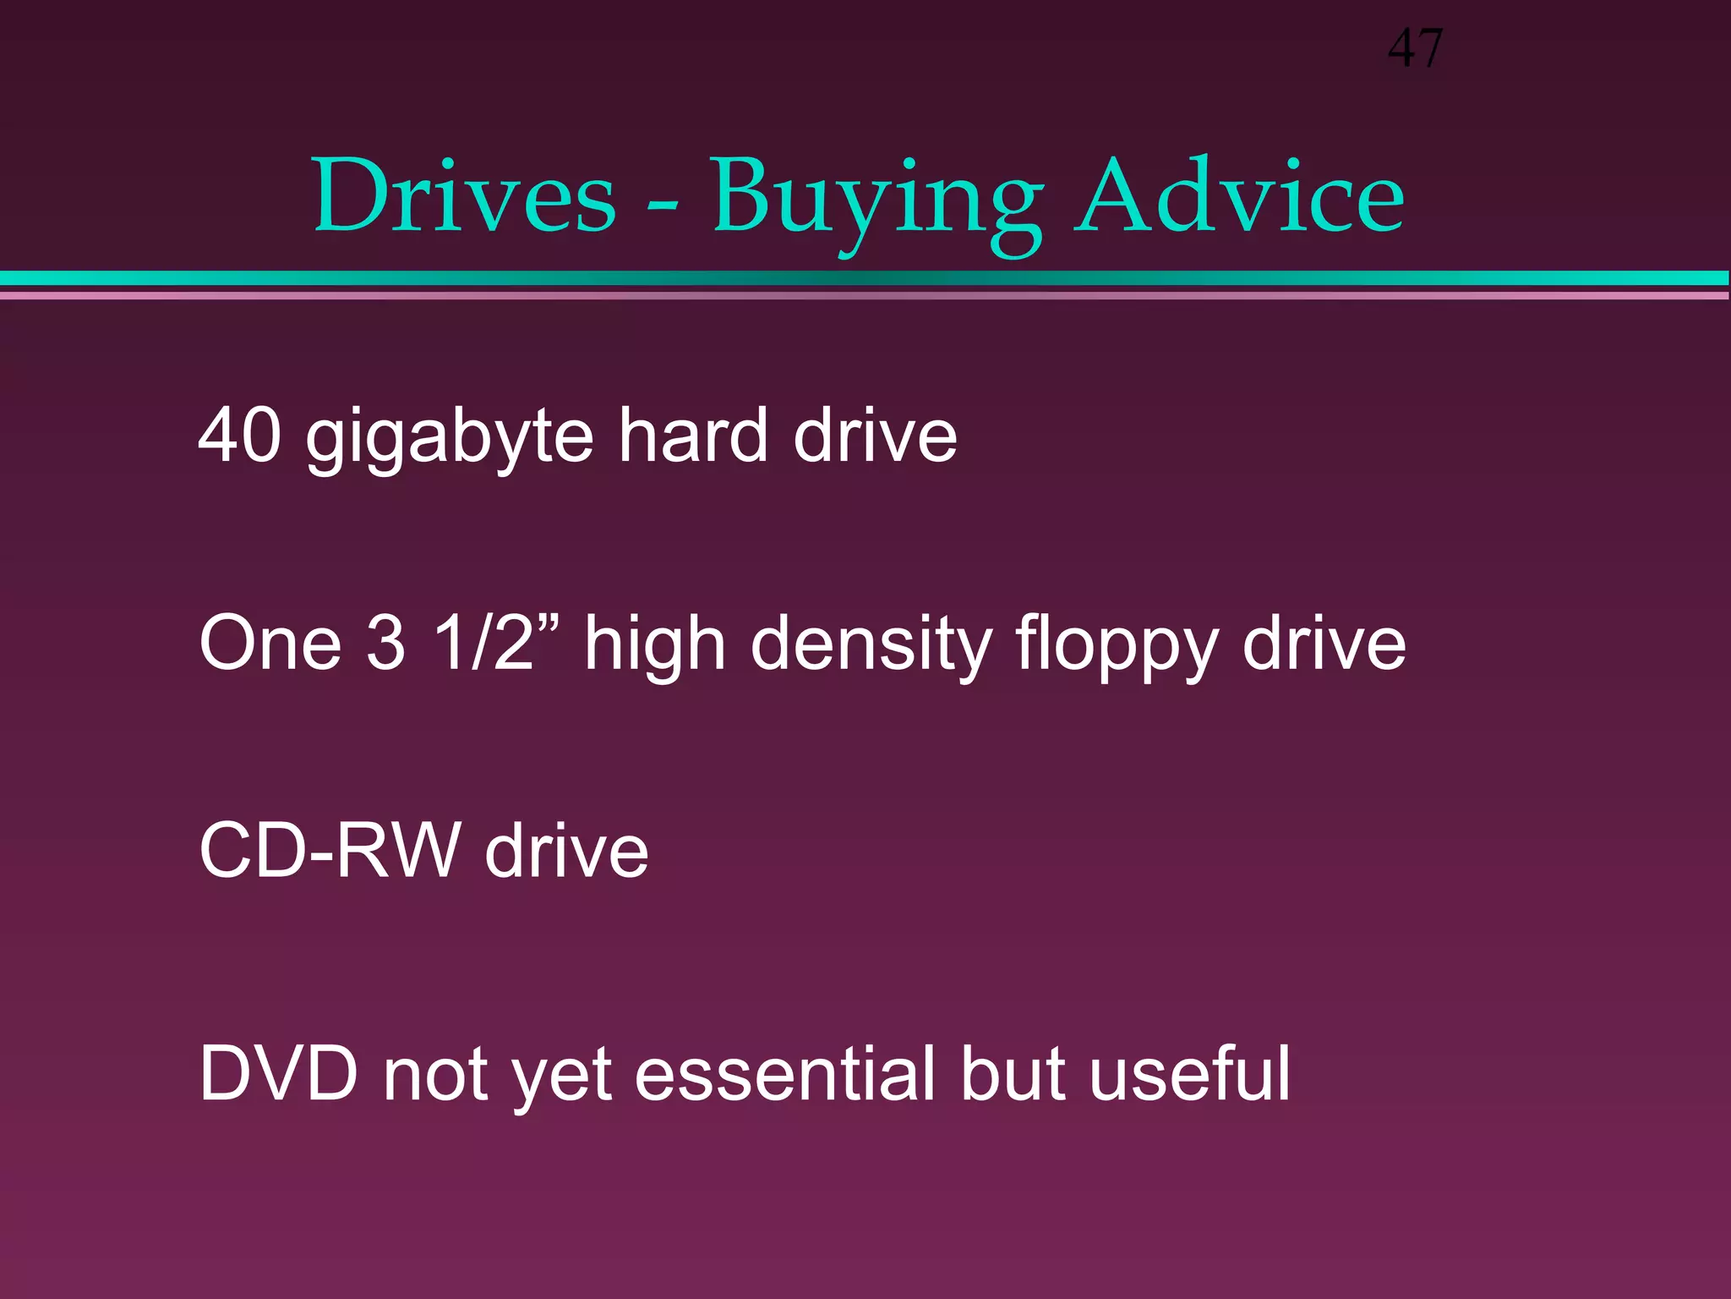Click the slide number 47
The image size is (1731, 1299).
click(x=1415, y=49)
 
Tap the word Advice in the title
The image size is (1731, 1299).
click(x=1239, y=197)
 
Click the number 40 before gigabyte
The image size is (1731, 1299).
click(x=239, y=436)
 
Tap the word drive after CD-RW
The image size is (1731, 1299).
click(x=566, y=851)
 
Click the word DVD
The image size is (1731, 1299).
click(x=279, y=1073)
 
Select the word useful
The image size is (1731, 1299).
click(x=1190, y=1073)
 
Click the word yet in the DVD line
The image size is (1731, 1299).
click(x=562, y=1077)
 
